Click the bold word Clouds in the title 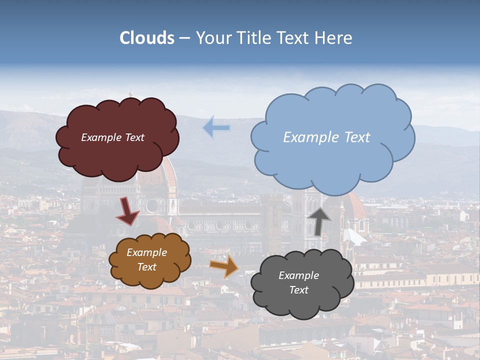click(x=147, y=38)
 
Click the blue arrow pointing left click(x=216, y=127)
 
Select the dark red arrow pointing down click(x=127, y=211)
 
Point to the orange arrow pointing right click(x=224, y=266)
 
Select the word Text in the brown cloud click(x=146, y=267)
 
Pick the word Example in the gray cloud click(x=298, y=275)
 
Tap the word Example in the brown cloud click(x=146, y=252)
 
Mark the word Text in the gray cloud click(x=298, y=290)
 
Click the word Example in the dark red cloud click(x=101, y=137)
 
